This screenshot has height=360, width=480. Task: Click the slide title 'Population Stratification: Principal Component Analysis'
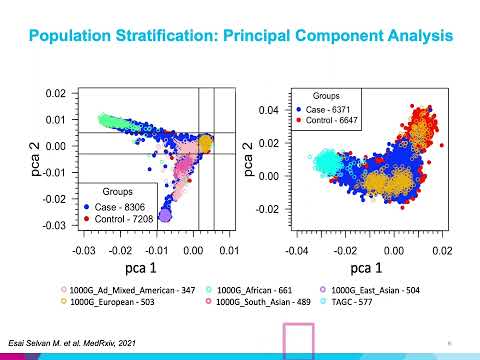[240, 37]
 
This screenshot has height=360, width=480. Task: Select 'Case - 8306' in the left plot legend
[129, 205]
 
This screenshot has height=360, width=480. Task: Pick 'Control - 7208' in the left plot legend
[134, 217]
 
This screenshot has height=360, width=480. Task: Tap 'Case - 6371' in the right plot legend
[326, 107]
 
